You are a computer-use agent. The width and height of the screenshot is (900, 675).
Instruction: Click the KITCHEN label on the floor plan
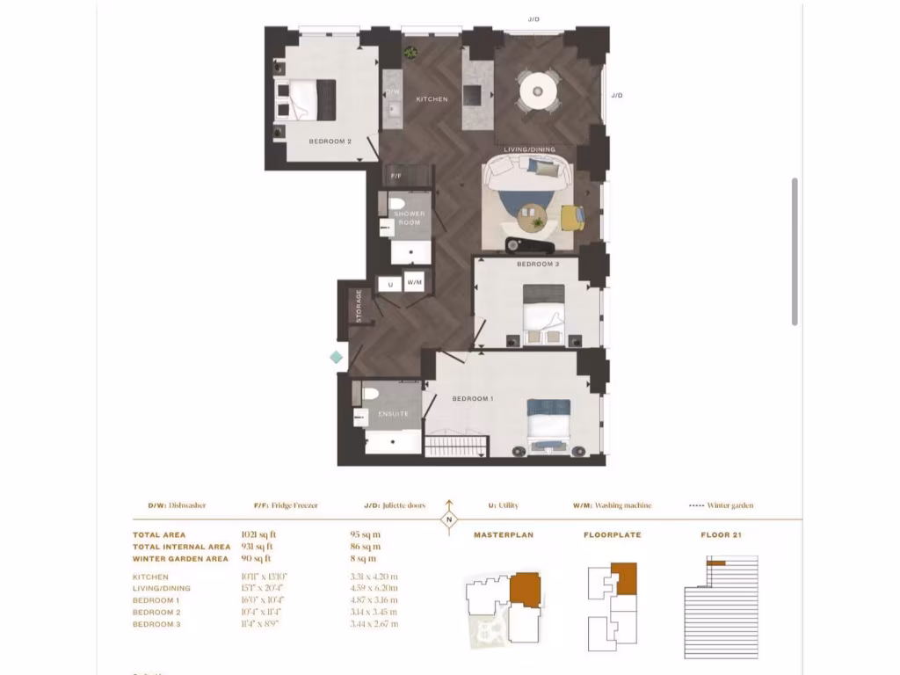tap(432, 99)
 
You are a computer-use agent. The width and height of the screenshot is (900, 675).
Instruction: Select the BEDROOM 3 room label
tap(537, 265)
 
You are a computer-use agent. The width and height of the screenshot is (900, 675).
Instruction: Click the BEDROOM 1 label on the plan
tap(472, 399)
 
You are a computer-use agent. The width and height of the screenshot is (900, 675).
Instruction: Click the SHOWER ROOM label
tap(409, 219)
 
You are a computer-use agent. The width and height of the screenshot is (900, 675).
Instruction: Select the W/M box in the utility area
tap(415, 283)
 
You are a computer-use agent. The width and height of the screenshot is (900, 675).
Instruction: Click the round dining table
tap(537, 90)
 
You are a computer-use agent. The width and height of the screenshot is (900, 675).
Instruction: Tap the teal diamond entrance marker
tap(336, 357)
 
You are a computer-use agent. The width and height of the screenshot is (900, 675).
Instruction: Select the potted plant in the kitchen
tap(410, 54)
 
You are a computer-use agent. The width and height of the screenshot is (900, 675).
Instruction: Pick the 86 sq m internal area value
tap(363, 547)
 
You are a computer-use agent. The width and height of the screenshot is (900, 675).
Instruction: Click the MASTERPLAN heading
tap(504, 534)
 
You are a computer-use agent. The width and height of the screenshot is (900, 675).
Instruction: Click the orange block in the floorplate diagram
tap(624, 578)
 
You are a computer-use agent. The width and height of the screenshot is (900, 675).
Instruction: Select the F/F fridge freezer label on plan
tap(396, 176)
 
